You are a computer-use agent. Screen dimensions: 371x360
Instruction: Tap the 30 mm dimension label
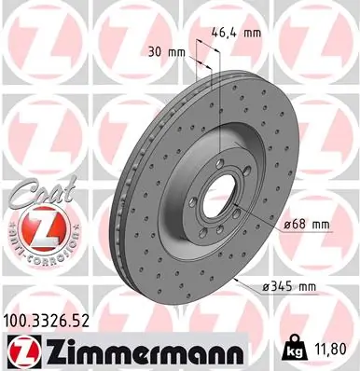[x=161, y=52]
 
